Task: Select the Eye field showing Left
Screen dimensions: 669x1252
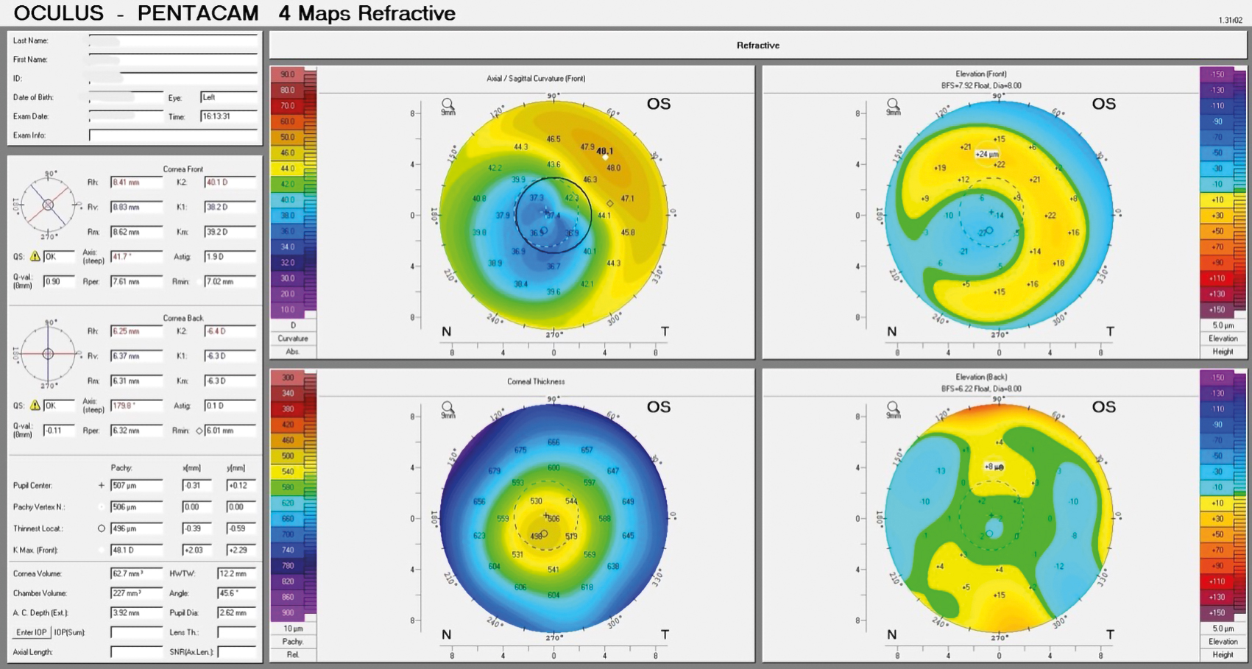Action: pyautogui.click(x=228, y=97)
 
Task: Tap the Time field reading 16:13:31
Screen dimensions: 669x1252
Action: pyautogui.click(x=228, y=116)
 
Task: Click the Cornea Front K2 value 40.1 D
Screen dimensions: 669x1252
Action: pyautogui.click(x=230, y=182)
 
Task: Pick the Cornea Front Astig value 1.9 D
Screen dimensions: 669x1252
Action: pyautogui.click(x=230, y=257)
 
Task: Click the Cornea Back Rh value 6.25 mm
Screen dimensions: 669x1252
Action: pyautogui.click(x=135, y=331)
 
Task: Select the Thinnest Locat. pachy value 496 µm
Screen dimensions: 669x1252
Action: pyautogui.click(x=135, y=528)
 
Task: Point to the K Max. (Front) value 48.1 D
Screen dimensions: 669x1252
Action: pyautogui.click(x=135, y=550)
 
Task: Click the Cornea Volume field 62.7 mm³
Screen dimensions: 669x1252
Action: pyautogui.click(x=135, y=573)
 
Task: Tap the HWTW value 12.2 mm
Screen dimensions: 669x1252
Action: pyautogui.click(x=236, y=573)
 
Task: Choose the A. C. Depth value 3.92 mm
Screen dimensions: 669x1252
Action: pyautogui.click(x=135, y=612)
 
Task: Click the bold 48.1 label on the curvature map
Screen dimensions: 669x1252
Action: pyautogui.click(x=604, y=151)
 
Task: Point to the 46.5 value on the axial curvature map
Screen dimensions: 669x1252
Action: pyautogui.click(x=554, y=138)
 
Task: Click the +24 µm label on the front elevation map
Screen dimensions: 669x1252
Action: pyautogui.click(x=987, y=154)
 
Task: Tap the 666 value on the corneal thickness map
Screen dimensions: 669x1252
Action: pyautogui.click(x=554, y=442)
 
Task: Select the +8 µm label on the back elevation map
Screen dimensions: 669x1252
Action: pyautogui.click(x=994, y=467)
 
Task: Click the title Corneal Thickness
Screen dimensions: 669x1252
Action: pyautogui.click(x=536, y=381)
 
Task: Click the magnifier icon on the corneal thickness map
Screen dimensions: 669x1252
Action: pyautogui.click(x=448, y=408)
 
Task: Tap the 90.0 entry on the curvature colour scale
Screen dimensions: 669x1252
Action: pyautogui.click(x=288, y=74)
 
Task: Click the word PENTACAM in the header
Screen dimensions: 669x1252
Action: pyautogui.click(x=198, y=13)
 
